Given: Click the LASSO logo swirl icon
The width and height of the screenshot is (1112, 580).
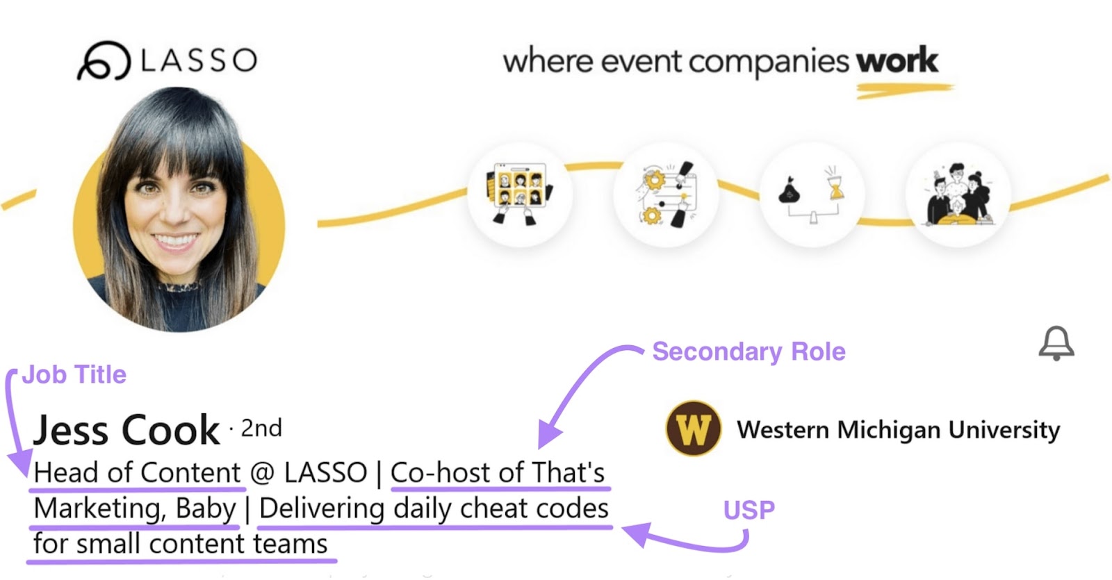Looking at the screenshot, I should point(104,60).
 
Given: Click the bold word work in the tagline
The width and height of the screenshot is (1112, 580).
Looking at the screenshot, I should point(897,60).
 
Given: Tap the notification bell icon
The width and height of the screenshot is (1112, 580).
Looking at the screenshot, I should point(1056,343).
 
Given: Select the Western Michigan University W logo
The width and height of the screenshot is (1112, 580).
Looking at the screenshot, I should point(693,429).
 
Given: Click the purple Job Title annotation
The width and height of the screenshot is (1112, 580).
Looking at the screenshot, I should point(74,375).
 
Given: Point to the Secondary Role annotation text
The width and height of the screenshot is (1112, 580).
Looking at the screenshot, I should point(749,351).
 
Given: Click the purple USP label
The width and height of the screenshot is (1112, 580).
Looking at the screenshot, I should point(749,510).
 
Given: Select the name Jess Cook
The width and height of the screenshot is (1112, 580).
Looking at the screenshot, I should point(126,430).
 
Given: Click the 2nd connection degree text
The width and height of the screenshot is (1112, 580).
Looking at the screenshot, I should point(261,428).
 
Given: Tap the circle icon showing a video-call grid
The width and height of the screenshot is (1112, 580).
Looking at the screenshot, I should point(520,194).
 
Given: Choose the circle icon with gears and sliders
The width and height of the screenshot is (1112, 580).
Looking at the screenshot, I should point(666,194).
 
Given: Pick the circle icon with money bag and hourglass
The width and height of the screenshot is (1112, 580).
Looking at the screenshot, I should point(812,194).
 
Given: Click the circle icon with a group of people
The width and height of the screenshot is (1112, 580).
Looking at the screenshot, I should point(958,194).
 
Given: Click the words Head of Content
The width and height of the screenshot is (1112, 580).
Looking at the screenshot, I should point(137,473).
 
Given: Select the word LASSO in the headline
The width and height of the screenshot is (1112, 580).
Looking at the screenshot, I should point(325,473).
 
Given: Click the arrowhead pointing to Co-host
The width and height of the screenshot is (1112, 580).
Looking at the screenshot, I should point(548,437).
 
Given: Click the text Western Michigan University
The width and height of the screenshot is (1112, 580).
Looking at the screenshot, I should point(898,430).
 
